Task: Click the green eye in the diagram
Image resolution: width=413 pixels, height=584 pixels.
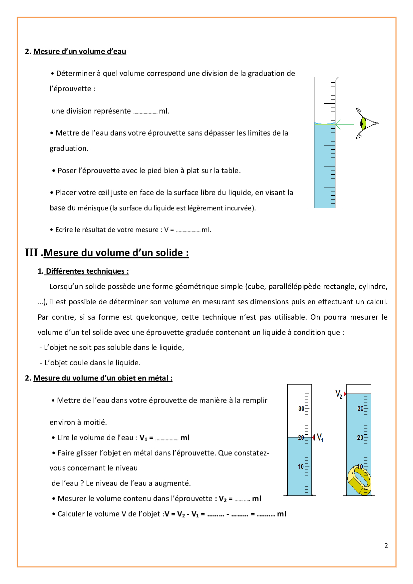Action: click(364, 124)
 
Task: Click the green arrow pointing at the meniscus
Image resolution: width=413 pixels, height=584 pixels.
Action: click(343, 124)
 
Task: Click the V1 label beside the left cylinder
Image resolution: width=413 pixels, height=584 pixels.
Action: click(320, 438)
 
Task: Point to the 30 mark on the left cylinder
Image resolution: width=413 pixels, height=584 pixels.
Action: click(301, 408)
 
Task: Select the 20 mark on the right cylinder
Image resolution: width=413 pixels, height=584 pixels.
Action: click(360, 438)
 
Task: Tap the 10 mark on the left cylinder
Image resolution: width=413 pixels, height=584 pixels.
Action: click(301, 466)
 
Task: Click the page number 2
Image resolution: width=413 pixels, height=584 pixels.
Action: click(386, 545)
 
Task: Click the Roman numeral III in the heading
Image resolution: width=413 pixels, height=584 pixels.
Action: click(32, 252)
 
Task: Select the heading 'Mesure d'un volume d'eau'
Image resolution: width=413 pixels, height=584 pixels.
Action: click(80, 51)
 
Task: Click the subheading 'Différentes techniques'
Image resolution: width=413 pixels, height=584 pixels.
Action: click(87, 271)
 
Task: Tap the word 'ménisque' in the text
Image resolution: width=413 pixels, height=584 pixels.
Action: click(93, 208)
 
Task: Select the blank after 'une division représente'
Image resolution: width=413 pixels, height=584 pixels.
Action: click(145, 112)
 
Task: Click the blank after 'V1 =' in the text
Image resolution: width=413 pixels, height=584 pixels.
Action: click(167, 438)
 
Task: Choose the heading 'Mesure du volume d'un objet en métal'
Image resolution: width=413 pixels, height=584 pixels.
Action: click(103, 378)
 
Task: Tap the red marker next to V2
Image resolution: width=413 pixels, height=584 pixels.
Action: click(345, 394)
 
